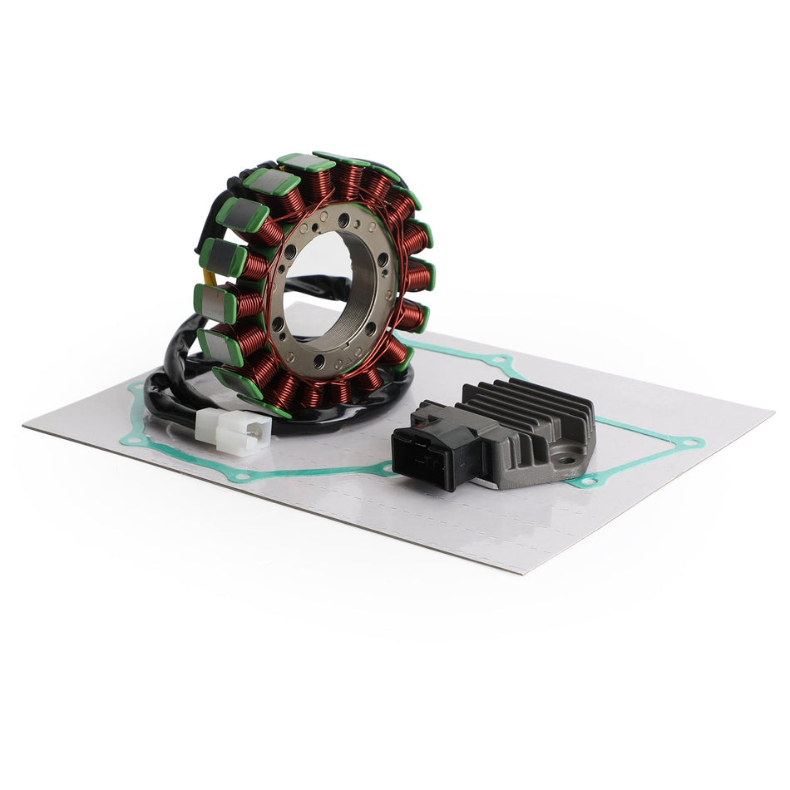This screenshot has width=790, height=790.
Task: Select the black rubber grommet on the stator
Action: coord(249,171)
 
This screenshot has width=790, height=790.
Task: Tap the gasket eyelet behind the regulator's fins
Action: coord(500,360)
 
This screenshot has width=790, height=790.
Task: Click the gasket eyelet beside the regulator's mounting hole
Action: coord(590,481)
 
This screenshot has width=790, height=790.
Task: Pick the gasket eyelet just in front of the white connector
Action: coord(240,476)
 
